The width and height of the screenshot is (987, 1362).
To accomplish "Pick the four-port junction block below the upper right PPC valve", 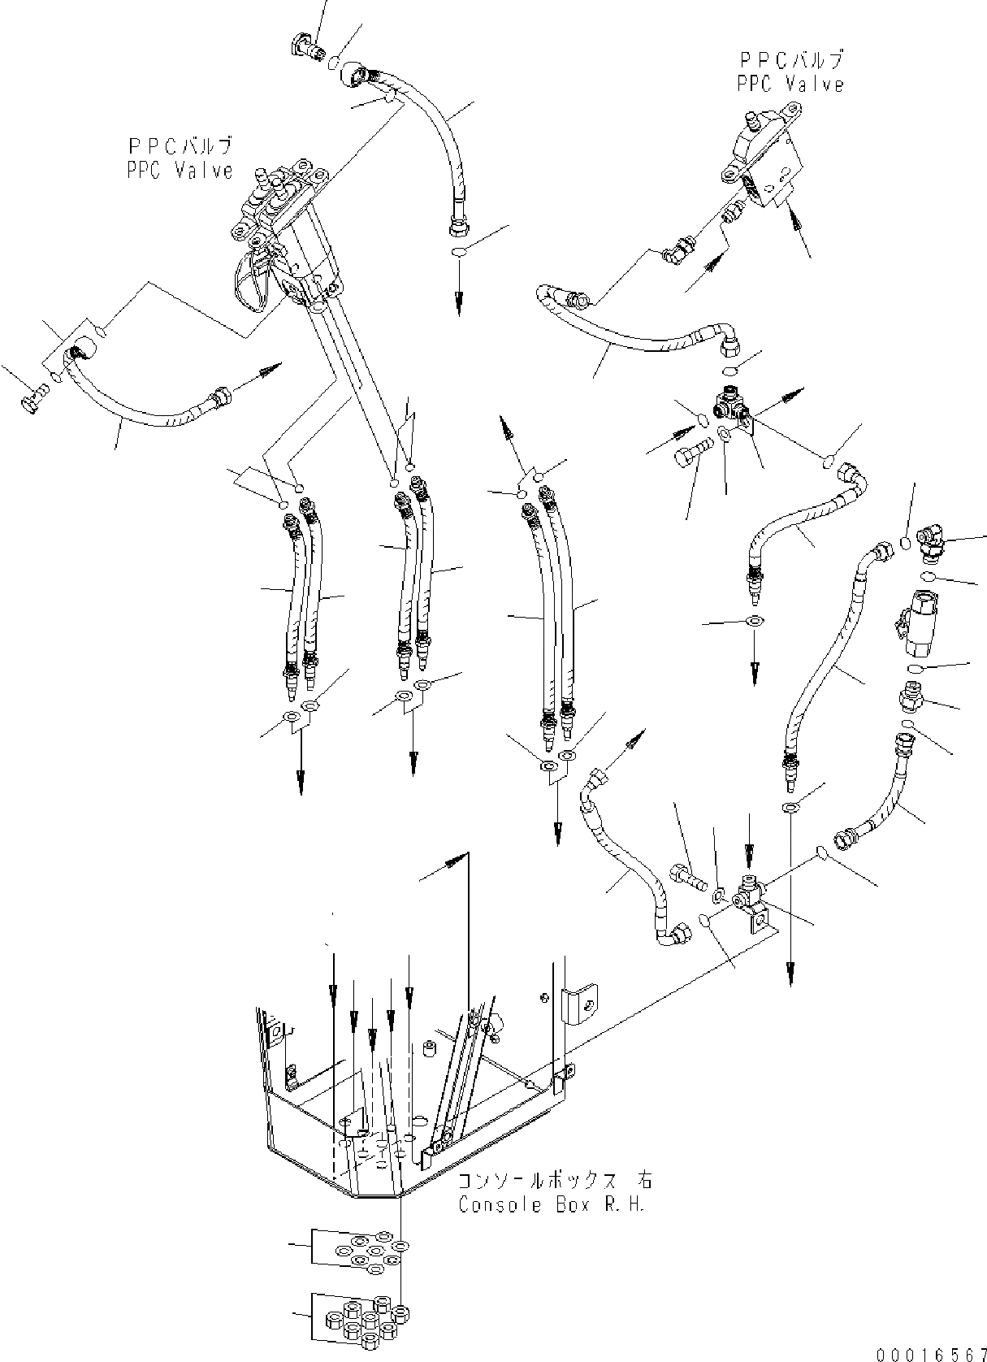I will coord(734,409).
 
